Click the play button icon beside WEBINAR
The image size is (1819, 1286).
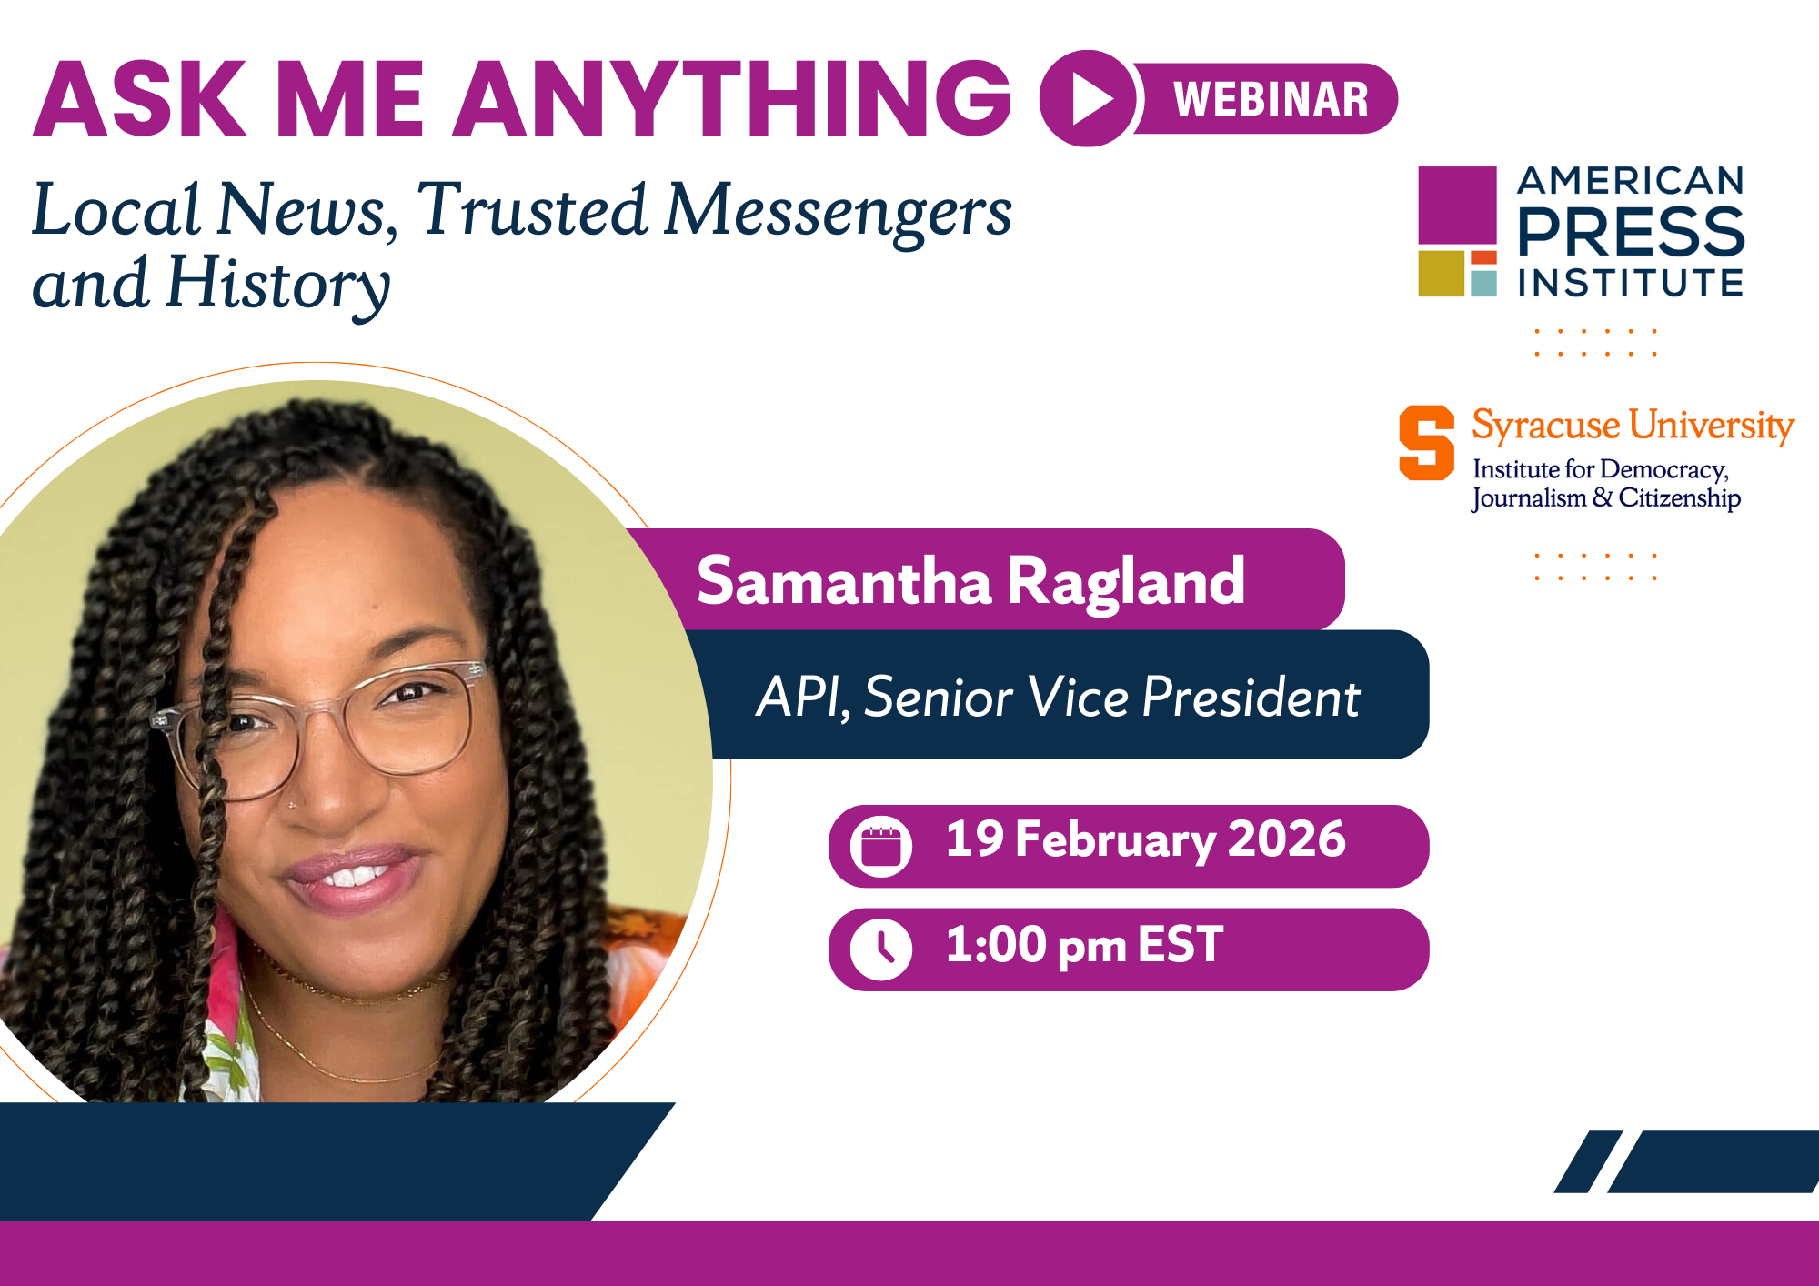tap(1088, 98)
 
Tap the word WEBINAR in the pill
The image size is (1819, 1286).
tap(1271, 99)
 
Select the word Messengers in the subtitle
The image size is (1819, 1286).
tap(838, 211)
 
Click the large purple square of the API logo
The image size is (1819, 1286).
tap(1457, 206)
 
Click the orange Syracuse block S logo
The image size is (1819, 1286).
tap(1426, 442)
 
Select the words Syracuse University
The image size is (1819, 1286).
tap(1633, 425)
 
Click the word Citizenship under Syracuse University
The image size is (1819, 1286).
tap(1679, 497)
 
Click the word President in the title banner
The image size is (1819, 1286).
tap(1251, 698)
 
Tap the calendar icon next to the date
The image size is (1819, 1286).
tap(880, 847)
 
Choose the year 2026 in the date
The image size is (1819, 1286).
tap(1286, 839)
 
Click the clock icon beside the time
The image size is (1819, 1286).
tap(880, 949)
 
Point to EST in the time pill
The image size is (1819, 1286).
tap(1180, 944)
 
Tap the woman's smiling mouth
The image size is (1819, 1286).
tap(350, 876)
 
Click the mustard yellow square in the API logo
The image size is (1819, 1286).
tap(1441, 274)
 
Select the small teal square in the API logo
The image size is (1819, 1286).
tap(1483, 283)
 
